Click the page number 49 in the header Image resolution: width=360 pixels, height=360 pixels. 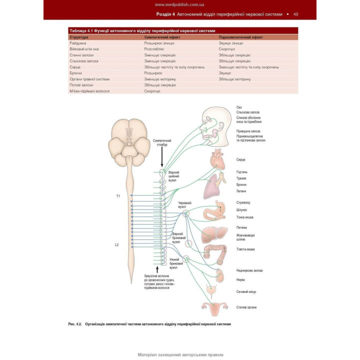(296, 14)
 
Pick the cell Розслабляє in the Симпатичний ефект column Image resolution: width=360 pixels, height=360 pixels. (154, 49)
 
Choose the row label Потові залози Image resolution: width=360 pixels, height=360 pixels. (81, 85)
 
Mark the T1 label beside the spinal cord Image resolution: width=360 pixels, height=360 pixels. (118, 196)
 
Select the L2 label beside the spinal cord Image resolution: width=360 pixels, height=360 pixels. (117, 244)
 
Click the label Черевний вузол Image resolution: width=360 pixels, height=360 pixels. (185, 204)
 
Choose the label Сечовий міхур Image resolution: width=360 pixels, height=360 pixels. (246, 291)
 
